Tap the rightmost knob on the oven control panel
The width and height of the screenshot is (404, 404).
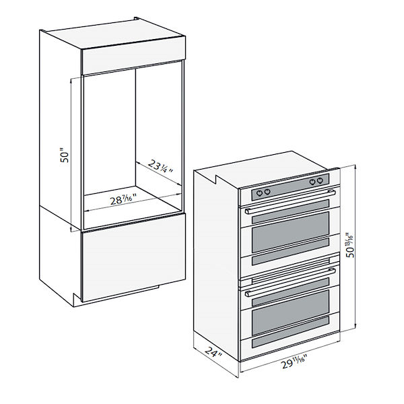click(320, 181)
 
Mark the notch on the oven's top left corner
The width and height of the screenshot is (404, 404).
click(217, 178)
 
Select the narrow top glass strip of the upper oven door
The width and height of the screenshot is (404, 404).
click(290, 209)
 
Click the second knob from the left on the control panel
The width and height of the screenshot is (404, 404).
click(268, 191)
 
